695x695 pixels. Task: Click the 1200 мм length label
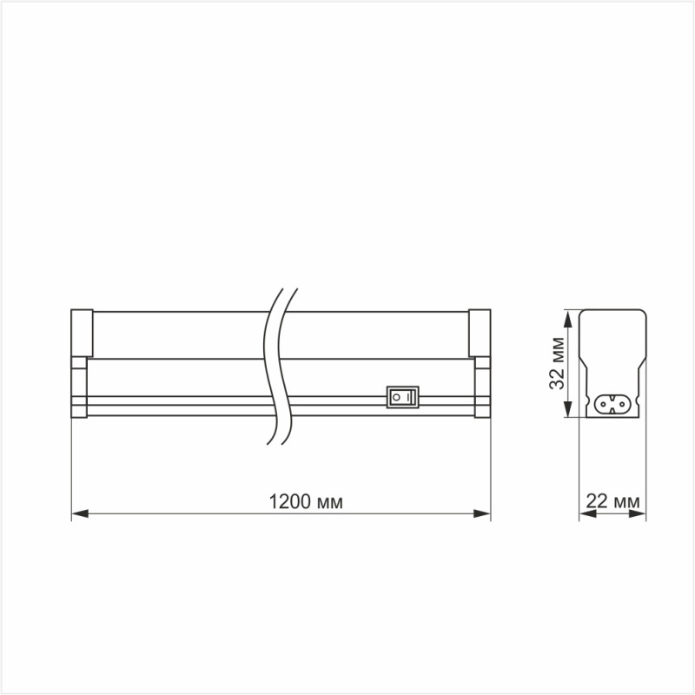coord(306,502)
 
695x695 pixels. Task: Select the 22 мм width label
coord(613,502)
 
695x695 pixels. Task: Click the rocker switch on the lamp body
coord(401,397)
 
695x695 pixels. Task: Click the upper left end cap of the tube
coord(80,332)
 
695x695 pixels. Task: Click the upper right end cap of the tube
coord(480,332)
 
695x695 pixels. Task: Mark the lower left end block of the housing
coord(79,391)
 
